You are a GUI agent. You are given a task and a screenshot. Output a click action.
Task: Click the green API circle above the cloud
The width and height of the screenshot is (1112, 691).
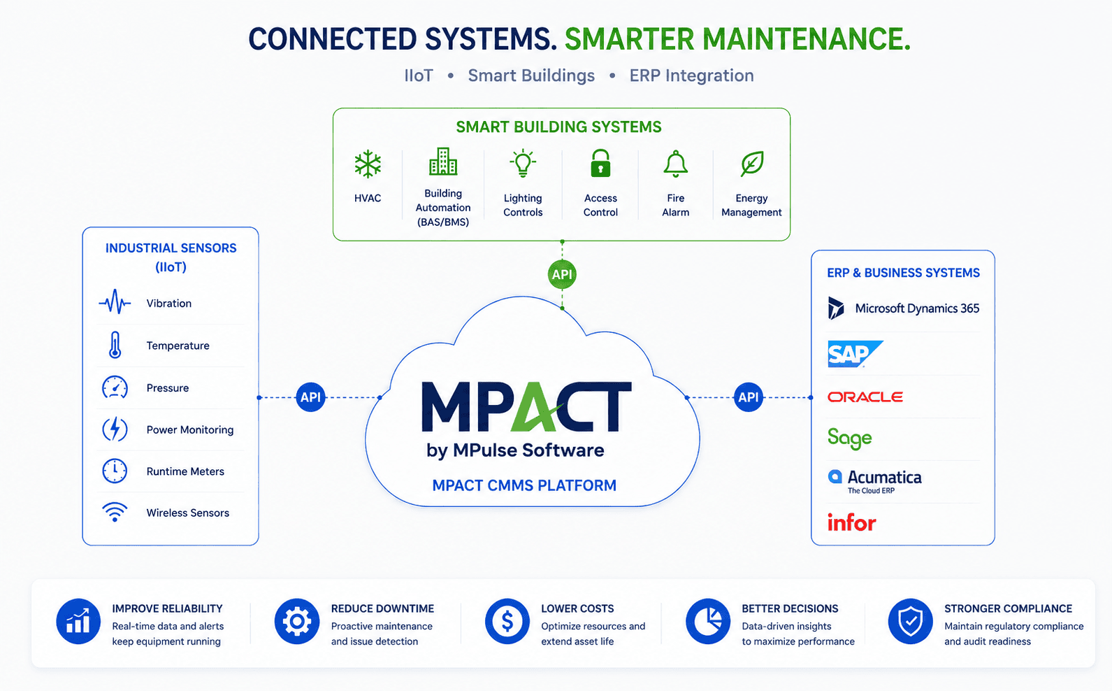[562, 274]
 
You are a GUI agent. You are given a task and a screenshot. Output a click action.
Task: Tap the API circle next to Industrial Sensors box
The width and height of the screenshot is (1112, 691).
[311, 397]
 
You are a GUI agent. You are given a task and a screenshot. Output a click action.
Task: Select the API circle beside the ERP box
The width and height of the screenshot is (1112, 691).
[749, 397]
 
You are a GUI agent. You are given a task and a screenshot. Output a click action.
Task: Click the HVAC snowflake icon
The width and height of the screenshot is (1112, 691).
[368, 164]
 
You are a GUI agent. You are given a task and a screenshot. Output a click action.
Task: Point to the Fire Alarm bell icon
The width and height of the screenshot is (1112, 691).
[676, 164]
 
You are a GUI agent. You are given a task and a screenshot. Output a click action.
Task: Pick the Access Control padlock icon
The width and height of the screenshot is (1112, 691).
[600, 163]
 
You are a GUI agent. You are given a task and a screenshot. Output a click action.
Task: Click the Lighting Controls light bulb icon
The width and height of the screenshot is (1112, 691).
[523, 163]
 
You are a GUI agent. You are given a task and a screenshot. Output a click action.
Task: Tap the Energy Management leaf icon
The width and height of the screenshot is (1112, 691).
[752, 164]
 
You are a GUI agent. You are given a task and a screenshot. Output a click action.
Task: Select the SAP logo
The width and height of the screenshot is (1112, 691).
[855, 354]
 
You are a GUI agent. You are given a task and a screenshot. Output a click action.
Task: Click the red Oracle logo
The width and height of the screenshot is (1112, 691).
[865, 397]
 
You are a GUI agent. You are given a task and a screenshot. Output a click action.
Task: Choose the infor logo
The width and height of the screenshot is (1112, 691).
[852, 522]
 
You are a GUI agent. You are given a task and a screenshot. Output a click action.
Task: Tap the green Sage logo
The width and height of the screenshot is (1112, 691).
[850, 438]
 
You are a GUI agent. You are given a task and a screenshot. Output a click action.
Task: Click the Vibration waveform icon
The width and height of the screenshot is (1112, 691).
[115, 302]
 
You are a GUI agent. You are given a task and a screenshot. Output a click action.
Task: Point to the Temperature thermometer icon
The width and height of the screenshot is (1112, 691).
[115, 345]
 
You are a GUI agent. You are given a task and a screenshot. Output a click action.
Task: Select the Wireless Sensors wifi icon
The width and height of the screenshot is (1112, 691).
[115, 512]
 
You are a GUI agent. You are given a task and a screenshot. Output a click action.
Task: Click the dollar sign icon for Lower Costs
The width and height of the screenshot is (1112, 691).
[507, 622]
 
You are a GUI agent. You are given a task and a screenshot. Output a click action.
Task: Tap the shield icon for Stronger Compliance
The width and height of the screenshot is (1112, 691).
[911, 622]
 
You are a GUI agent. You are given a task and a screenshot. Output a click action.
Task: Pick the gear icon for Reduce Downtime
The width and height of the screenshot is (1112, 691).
[297, 622]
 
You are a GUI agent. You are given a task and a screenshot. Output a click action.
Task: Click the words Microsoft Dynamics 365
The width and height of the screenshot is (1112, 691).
[918, 308]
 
